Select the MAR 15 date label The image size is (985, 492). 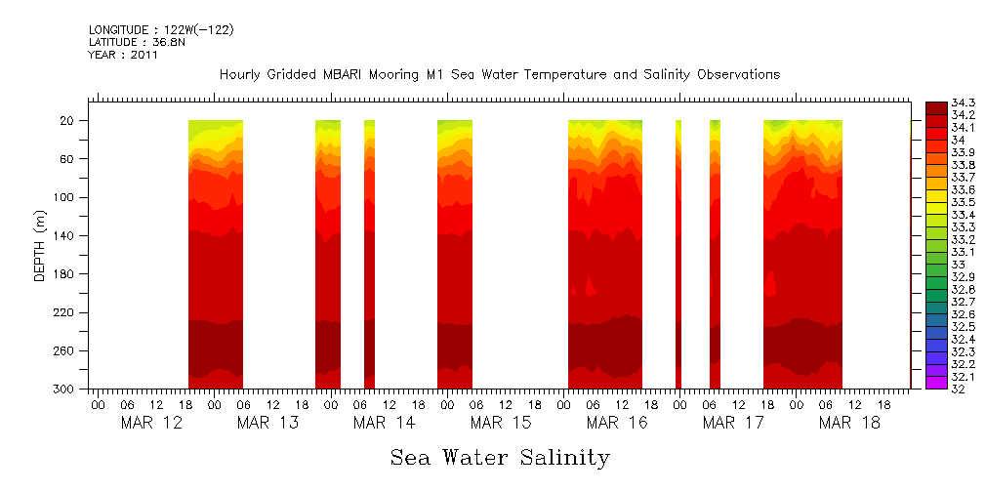click(500, 423)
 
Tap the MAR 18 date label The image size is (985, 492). click(849, 423)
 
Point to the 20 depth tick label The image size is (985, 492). click(68, 121)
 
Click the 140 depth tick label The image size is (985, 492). click(65, 236)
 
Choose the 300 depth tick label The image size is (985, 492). click(65, 389)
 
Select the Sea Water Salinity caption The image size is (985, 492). click(500, 458)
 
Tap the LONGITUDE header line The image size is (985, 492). click(161, 30)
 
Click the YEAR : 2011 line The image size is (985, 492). click(123, 56)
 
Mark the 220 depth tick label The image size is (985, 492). click(65, 313)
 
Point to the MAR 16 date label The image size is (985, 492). click(617, 423)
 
